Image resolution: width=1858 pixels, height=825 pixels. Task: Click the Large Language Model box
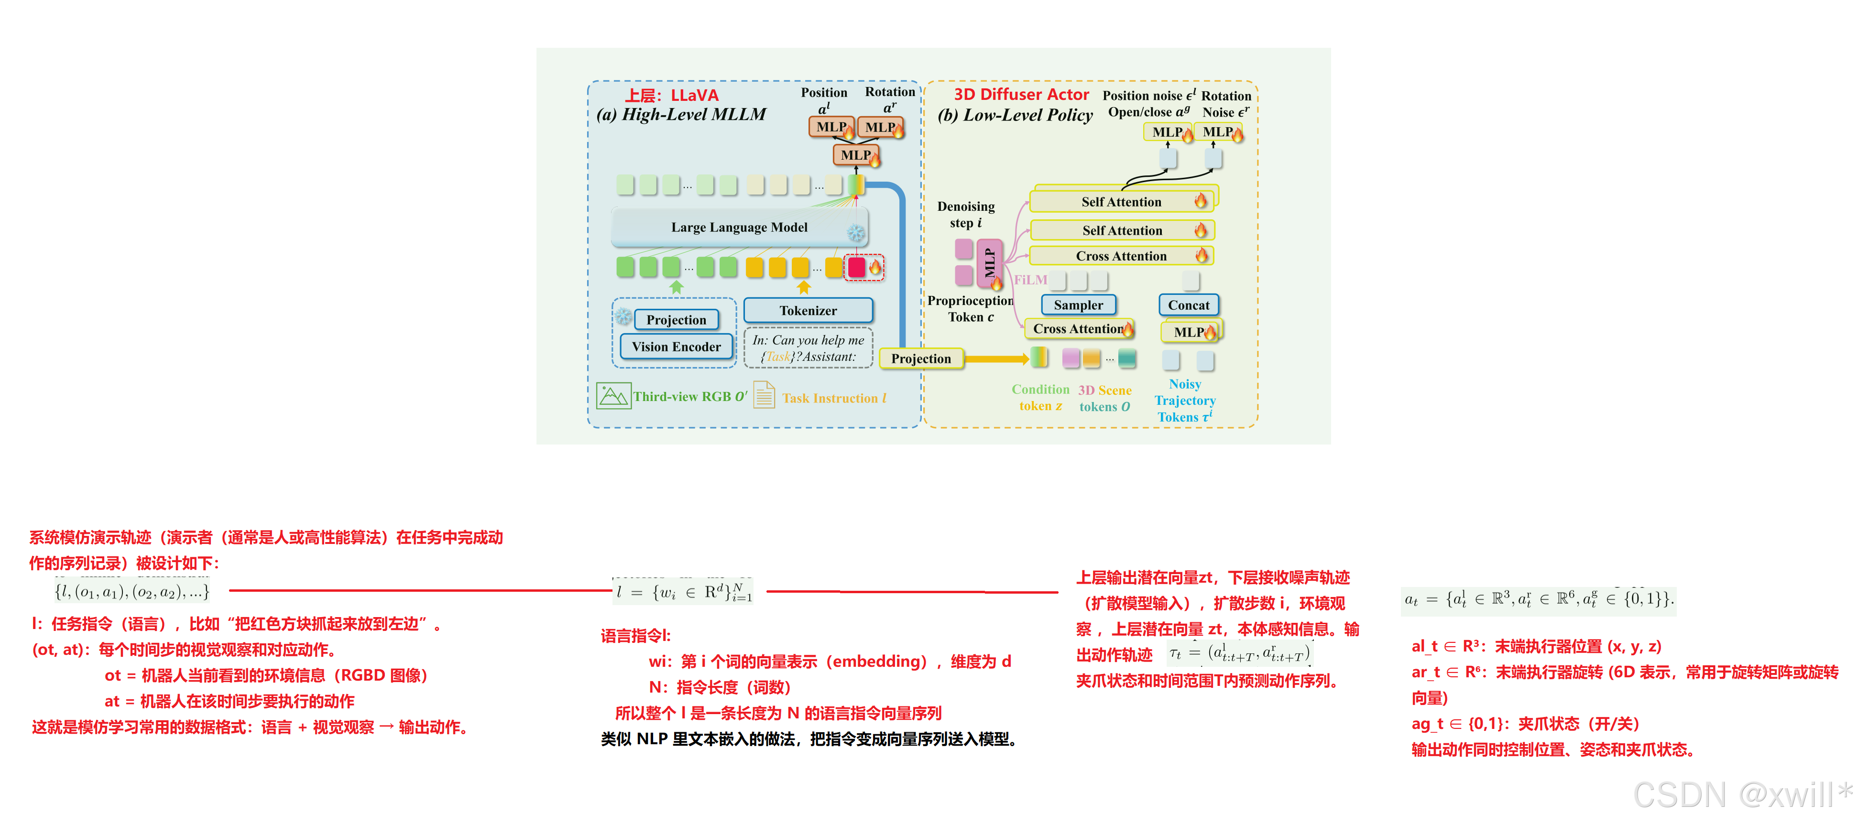(739, 227)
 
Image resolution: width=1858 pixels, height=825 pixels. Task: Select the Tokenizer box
(808, 311)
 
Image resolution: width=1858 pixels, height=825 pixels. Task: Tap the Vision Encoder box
(676, 347)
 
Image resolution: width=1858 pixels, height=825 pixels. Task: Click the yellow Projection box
(921, 358)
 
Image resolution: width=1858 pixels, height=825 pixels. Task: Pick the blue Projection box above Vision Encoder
(676, 319)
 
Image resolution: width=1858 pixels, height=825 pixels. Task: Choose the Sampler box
(1078, 305)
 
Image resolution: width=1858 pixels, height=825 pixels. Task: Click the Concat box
(1189, 305)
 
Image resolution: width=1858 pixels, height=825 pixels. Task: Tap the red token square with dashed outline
(856, 267)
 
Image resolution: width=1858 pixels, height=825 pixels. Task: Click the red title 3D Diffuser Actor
(1021, 95)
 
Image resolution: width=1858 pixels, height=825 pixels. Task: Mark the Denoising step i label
(966, 214)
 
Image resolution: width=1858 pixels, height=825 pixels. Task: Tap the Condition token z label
(1040, 397)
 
